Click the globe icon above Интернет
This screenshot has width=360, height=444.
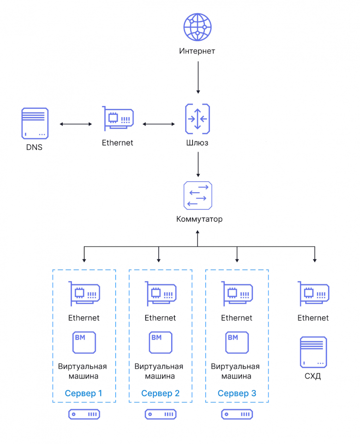click(197, 27)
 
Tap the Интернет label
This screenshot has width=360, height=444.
click(197, 51)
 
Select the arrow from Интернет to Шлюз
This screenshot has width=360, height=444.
click(198, 77)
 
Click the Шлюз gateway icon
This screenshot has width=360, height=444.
click(198, 119)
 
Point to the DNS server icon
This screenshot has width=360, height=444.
click(35, 123)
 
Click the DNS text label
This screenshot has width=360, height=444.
click(34, 147)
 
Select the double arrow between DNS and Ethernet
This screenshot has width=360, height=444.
click(76, 124)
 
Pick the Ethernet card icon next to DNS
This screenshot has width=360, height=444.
click(118, 118)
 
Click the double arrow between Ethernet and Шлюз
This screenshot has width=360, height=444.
click(159, 124)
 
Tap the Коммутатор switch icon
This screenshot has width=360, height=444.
click(198, 195)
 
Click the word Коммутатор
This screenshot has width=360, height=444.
click(199, 219)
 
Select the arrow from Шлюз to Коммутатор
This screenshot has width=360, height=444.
click(198, 165)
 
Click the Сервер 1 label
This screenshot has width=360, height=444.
click(84, 393)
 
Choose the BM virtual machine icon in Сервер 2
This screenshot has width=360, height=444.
click(161, 343)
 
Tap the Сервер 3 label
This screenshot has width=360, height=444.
click(237, 393)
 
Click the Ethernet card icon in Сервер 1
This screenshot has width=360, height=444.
click(84, 294)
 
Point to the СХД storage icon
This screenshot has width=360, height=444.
click(313, 352)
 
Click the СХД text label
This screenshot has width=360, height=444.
click(312, 376)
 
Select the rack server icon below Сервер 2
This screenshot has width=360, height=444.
click(161, 414)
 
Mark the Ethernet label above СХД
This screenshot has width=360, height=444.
click(313, 318)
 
